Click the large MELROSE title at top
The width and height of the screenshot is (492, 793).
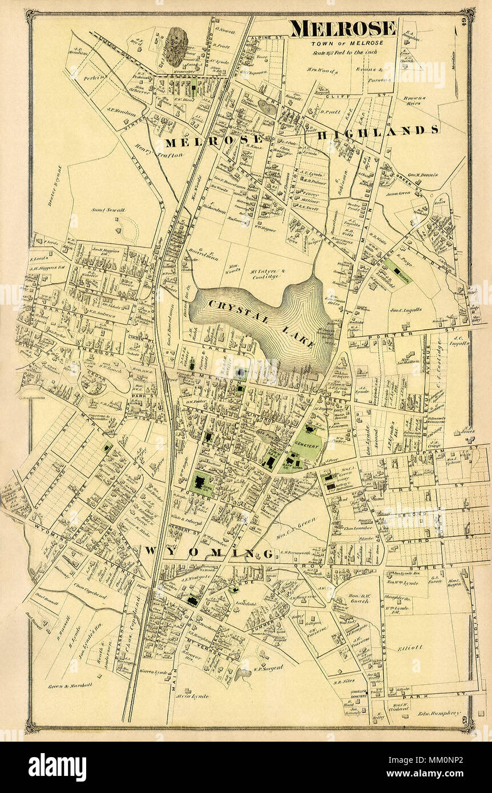[x=342, y=29]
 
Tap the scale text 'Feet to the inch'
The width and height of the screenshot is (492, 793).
[x=352, y=52]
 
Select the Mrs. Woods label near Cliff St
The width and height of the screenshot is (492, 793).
[x=326, y=72]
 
